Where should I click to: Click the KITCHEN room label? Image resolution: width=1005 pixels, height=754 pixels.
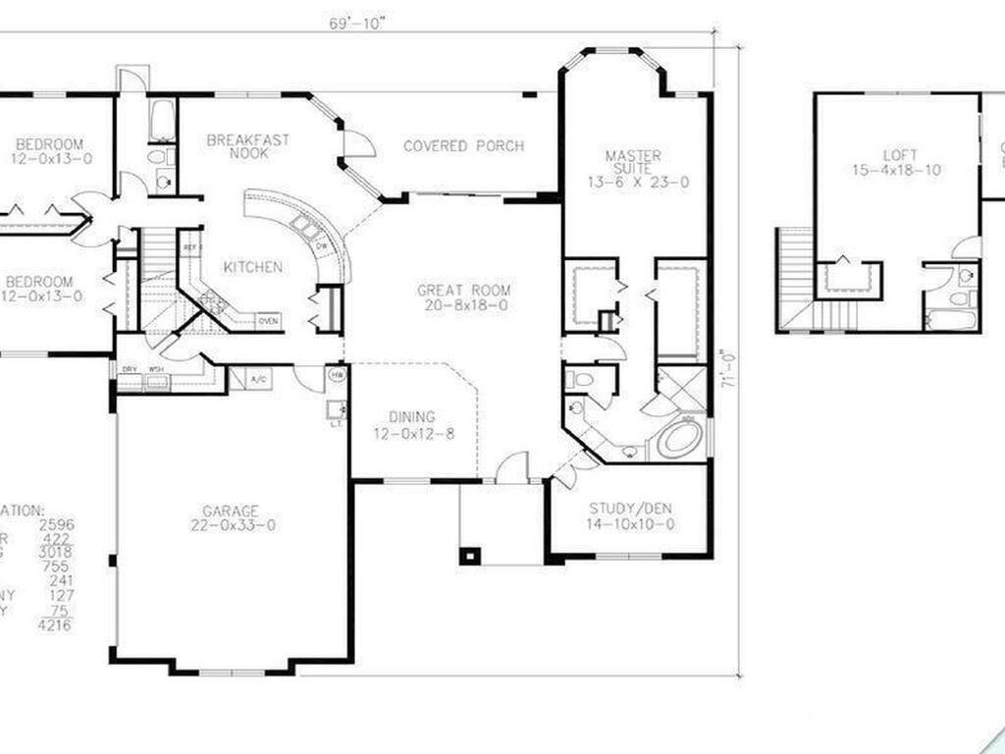point(253,267)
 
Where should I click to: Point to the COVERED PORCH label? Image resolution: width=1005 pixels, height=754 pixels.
point(463,146)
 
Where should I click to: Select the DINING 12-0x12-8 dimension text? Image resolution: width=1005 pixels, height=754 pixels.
point(412,434)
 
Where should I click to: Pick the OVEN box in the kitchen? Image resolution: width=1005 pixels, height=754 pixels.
point(268,320)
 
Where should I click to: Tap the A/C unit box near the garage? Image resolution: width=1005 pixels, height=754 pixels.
point(259,378)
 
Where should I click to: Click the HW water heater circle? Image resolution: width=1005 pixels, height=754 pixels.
point(337,376)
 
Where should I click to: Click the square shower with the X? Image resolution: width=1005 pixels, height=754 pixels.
point(681,389)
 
